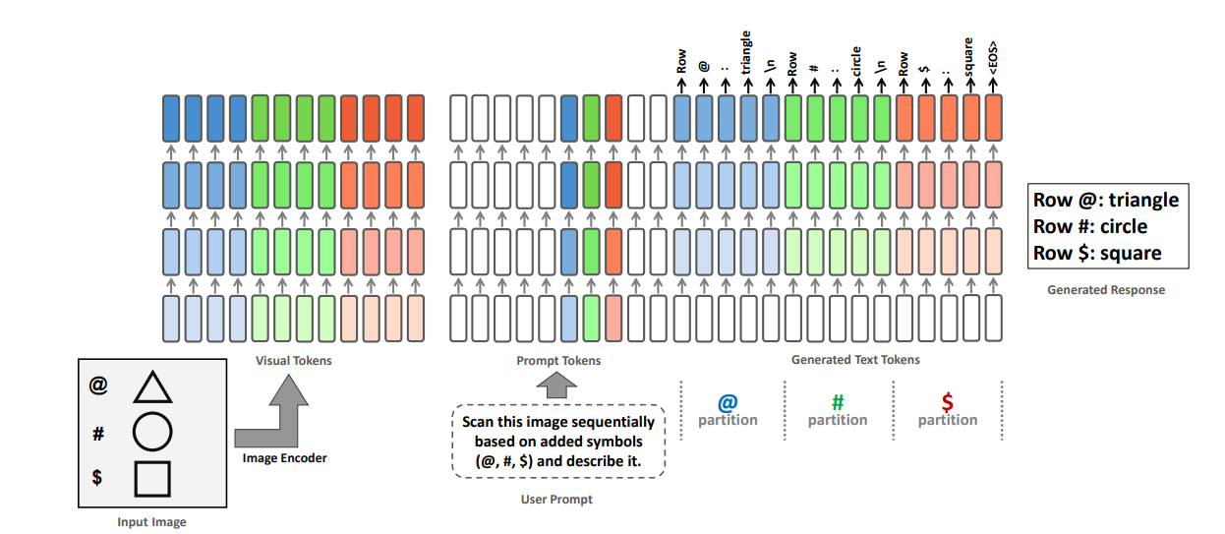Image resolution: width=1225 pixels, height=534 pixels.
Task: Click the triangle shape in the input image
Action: click(152, 388)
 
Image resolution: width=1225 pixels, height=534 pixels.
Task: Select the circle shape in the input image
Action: click(152, 432)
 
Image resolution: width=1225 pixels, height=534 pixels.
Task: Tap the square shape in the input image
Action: click(152, 478)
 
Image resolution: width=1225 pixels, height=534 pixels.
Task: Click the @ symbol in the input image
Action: click(98, 386)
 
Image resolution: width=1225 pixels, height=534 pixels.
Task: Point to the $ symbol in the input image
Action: click(97, 477)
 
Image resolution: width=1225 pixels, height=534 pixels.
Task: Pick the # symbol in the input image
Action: click(98, 432)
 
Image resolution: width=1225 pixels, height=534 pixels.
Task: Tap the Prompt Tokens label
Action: click(558, 361)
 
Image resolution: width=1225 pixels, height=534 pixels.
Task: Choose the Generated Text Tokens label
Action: click(855, 360)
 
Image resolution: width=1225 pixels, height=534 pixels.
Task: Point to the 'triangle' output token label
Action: click(747, 51)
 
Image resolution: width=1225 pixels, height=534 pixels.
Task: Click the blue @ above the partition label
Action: click(728, 401)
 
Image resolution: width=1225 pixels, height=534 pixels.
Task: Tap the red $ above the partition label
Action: click(947, 401)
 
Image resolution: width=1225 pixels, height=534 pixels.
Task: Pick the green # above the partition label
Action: click(838, 401)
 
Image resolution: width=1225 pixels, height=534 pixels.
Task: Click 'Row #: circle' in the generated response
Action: click(1089, 226)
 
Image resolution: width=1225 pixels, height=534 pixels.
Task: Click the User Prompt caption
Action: click(556, 500)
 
